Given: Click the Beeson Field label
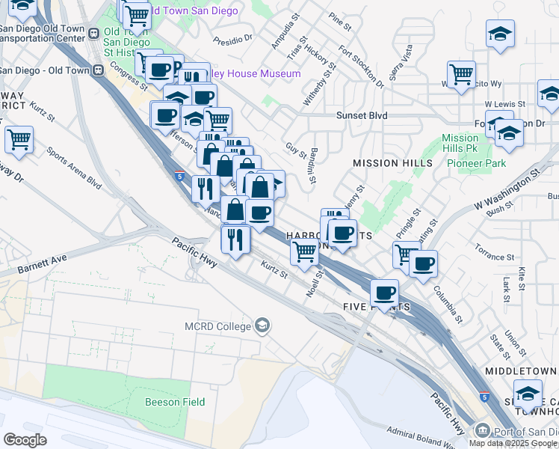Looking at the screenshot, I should coord(173,402).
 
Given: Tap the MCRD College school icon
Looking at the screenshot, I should coord(262,325).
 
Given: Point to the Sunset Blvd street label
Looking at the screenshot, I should coord(362,116).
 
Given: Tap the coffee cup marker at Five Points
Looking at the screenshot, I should coord(384,292).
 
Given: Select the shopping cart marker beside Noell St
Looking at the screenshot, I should coord(303,252).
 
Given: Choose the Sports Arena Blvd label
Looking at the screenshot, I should coord(73,170).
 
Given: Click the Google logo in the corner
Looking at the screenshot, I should coord(25,439).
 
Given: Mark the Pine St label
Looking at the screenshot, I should coord(339,21).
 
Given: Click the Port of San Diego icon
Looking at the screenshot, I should coord(483,431).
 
